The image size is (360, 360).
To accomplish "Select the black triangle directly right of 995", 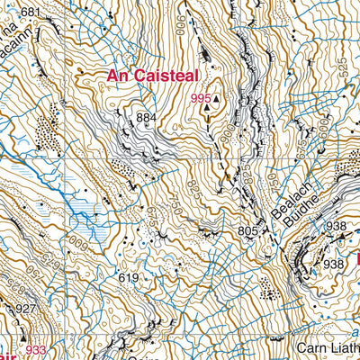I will click(217, 102).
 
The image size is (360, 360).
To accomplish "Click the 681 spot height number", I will click(31, 12).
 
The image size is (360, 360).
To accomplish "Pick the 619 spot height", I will click(128, 278).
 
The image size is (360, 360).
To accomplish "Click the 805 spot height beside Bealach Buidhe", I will click(249, 231).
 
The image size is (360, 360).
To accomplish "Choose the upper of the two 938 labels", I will click(337, 226).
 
